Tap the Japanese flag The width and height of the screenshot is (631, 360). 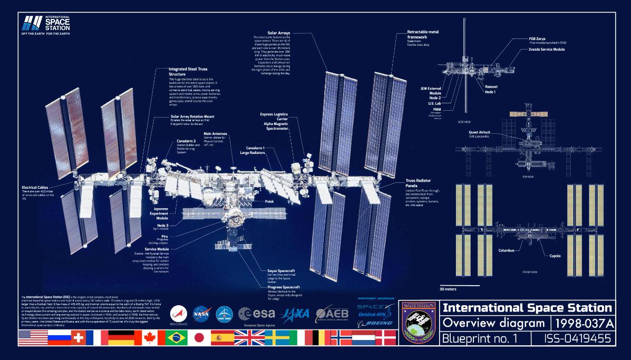(x=199, y=338)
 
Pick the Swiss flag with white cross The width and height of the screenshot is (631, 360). (x=78, y=338)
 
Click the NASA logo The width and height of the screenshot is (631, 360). (x=201, y=314)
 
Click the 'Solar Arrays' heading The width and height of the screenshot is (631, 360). (x=279, y=33)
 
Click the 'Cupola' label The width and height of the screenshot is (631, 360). (x=555, y=256)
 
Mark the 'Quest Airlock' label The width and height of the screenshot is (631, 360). (x=480, y=132)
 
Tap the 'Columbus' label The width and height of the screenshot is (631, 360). (x=506, y=250)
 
